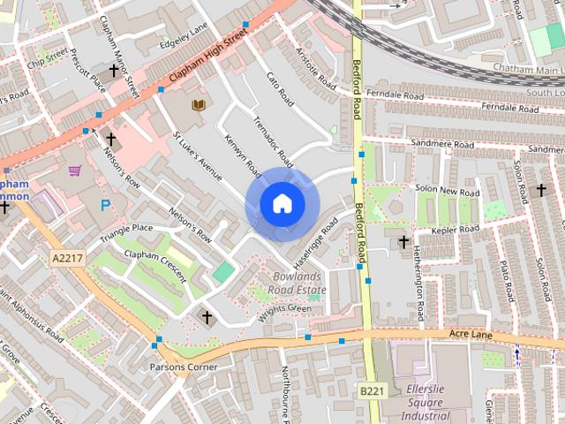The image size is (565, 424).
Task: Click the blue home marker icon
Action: tap(282, 204)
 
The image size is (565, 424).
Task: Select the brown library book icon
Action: tap(199, 105)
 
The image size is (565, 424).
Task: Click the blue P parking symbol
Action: tap(106, 206)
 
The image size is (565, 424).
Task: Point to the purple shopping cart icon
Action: tap(75, 170)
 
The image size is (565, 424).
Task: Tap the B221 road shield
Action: tap(372, 390)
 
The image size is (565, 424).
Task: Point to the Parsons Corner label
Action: tap(183, 367)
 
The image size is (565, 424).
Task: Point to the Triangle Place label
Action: tap(126, 233)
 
